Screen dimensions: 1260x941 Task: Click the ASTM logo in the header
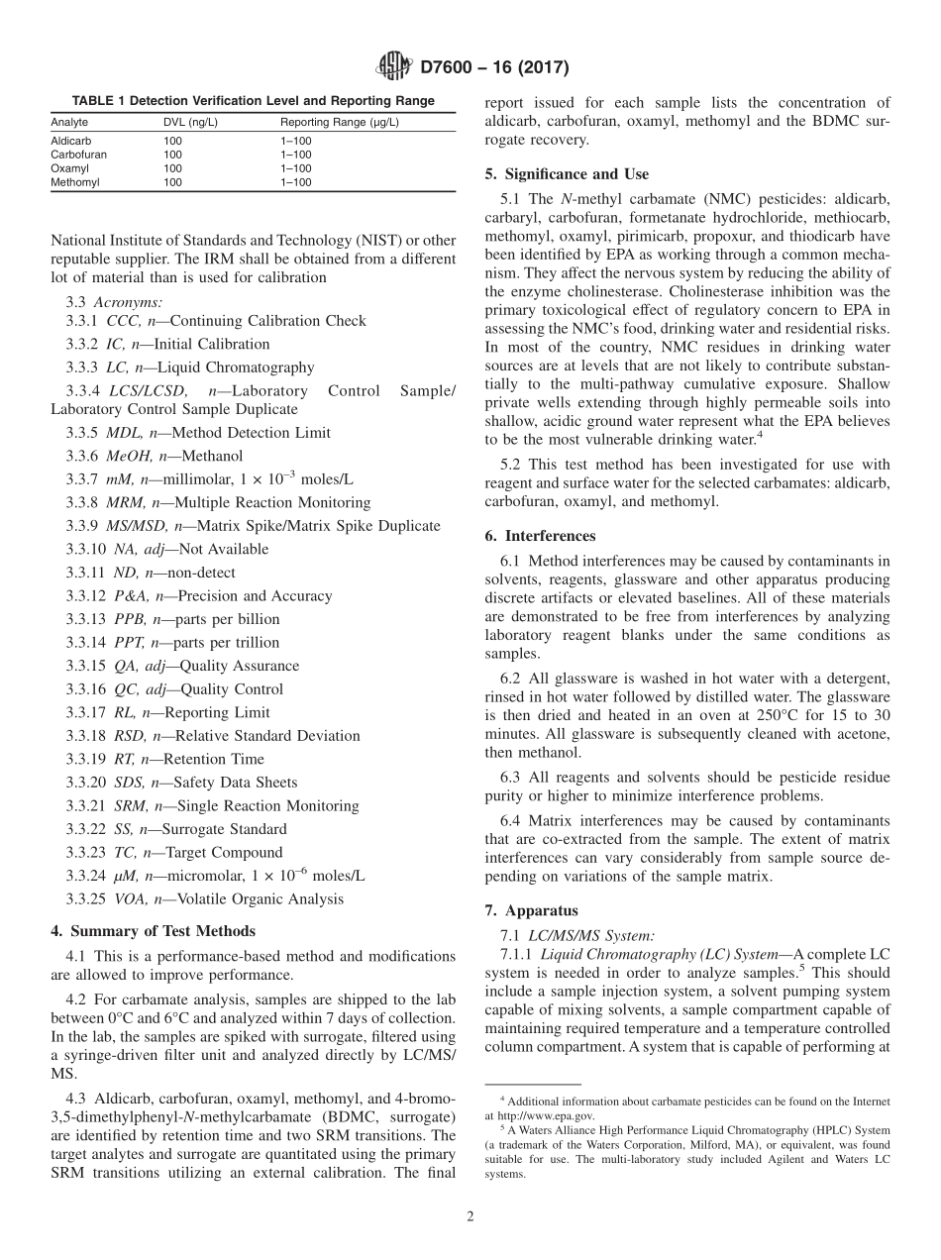pyautogui.click(x=393, y=67)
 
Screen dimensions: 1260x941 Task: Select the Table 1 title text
pyautogui.click(x=253, y=101)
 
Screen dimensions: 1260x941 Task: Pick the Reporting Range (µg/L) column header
pyautogui.click(x=340, y=122)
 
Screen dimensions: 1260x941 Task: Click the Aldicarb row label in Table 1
pyautogui.click(x=70, y=142)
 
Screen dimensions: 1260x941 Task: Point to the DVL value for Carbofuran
pyautogui.click(x=172, y=156)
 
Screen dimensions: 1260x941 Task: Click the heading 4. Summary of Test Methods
pyautogui.click(x=153, y=931)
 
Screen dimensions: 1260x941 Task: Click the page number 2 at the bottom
pyautogui.click(x=470, y=1217)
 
